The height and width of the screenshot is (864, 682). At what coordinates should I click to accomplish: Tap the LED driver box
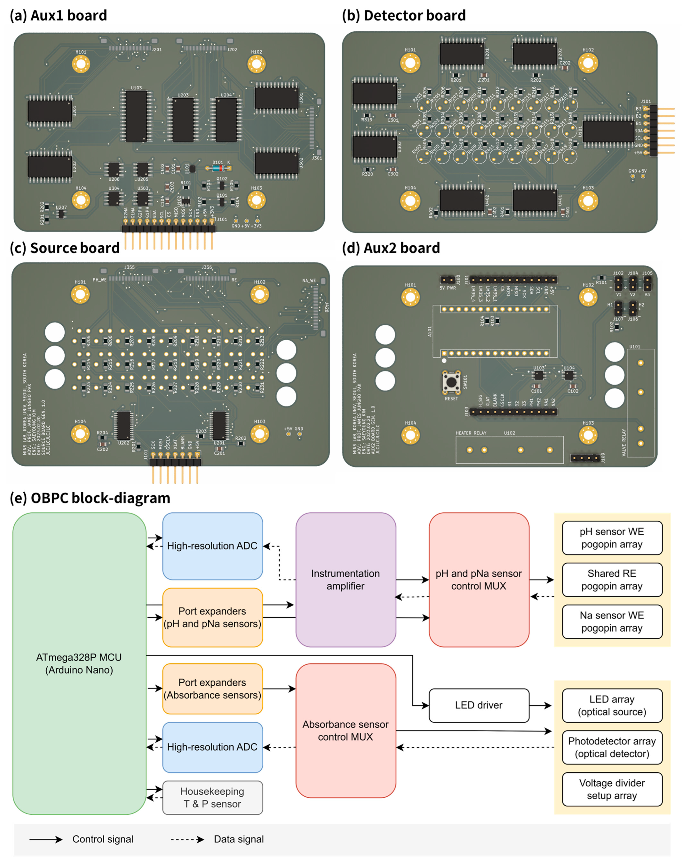coord(479,705)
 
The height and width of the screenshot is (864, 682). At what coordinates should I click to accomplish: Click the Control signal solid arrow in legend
coord(46,839)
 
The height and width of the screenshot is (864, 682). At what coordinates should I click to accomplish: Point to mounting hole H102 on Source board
coord(260,295)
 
